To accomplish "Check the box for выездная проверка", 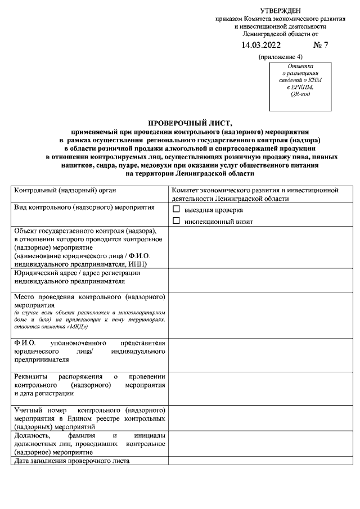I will point(177,209).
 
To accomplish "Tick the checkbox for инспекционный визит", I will point(177,221).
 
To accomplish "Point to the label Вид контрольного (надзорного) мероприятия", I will point(84,208).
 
